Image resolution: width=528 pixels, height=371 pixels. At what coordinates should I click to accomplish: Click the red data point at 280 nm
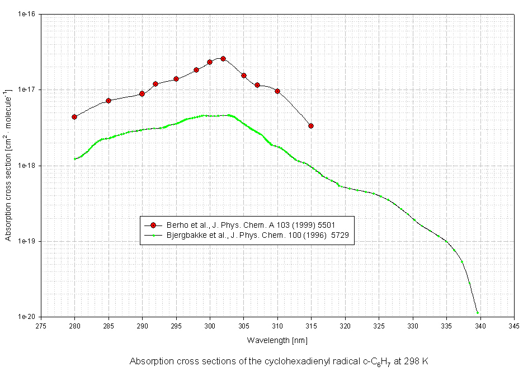[74, 117]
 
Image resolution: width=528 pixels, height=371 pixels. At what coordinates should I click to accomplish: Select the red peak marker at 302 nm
[223, 59]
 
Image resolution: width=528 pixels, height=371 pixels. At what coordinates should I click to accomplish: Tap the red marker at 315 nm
[311, 126]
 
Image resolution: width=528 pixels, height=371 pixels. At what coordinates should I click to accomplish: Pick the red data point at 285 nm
[109, 101]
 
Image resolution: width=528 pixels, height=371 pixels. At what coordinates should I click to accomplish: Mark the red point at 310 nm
[277, 91]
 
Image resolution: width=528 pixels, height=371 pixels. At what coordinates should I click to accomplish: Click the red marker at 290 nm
[142, 94]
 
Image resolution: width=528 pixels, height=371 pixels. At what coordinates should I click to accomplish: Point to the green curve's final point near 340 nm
[477, 313]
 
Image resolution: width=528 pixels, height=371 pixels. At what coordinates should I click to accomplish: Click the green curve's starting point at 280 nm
[75, 159]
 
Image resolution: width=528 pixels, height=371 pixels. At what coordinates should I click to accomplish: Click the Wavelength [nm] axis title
[277, 340]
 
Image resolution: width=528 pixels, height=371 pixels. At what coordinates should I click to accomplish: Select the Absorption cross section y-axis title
[8, 165]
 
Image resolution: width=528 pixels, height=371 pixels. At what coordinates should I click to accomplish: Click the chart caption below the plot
[279, 361]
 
